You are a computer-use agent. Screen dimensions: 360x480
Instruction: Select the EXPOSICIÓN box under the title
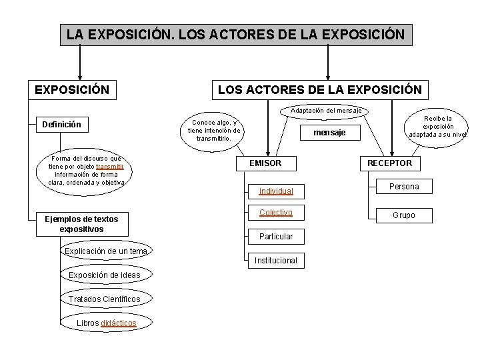point(73,89)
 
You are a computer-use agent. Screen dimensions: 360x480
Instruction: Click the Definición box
point(61,124)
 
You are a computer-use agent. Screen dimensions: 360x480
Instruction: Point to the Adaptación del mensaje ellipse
point(326,110)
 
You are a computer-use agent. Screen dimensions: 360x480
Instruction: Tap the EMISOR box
point(265,163)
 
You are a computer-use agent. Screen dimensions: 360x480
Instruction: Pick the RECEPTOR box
point(389,163)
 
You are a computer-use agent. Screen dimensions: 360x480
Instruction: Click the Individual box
point(275,191)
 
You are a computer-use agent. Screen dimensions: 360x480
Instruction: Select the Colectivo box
point(275,213)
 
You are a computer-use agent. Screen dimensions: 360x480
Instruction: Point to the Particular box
point(275,237)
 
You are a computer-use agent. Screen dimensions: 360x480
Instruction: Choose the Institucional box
point(275,261)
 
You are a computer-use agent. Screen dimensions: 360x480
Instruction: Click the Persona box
point(403,187)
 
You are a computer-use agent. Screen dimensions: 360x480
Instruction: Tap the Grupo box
point(403,215)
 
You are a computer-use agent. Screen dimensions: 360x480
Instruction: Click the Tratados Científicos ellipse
point(104,299)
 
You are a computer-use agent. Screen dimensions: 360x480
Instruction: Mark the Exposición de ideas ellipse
point(104,275)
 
